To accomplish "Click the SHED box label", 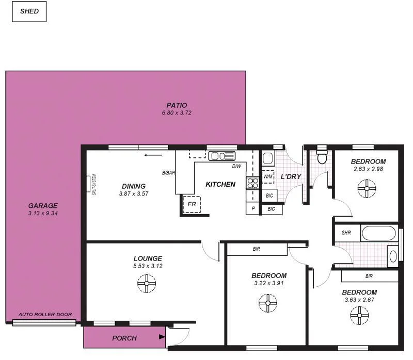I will coord(29,11).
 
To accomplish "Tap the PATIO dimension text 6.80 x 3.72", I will coord(177,112).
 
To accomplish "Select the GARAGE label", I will coord(43,205).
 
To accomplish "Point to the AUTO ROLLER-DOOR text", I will coord(45,315).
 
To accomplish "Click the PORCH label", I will coord(124,338).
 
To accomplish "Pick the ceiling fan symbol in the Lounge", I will coord(147,283).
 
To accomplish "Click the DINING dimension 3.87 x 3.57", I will coord(134,194).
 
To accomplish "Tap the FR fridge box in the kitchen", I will coord(192,204).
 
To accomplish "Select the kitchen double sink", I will coord(222,156).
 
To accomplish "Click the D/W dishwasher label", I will coord(236,166).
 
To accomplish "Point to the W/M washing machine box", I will coord(268,177).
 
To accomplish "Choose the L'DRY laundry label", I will coord(291,177).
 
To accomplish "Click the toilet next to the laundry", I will coord(322,156).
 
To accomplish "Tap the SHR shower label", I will coord(346,233).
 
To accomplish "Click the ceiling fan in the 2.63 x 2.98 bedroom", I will coord(367,188).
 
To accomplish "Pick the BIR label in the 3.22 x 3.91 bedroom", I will coord(256,249).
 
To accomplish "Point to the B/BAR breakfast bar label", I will coord(168,173).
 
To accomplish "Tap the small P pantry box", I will coord(253,209).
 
